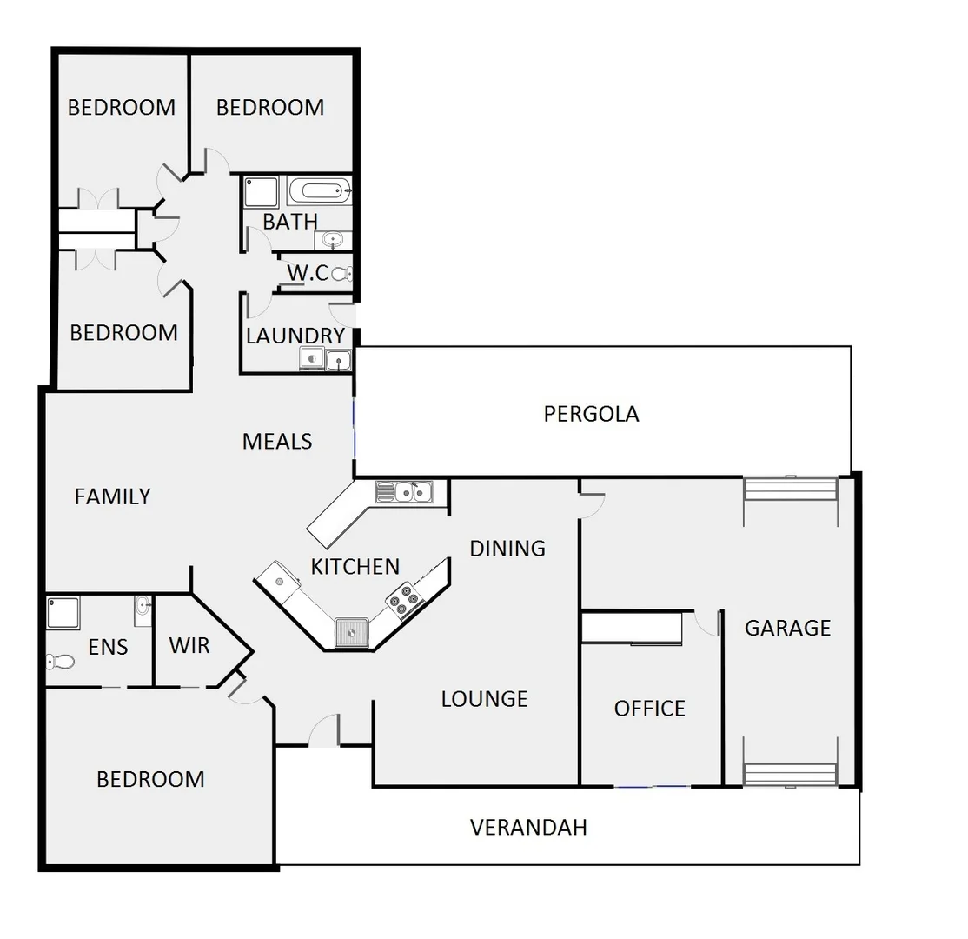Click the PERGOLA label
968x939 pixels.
[591, 414]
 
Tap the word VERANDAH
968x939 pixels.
[528, 827]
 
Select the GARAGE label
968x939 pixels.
[787, 628]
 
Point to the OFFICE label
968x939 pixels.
[649, 709]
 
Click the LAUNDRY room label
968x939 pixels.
[295, 336]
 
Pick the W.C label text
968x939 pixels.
[308, 273]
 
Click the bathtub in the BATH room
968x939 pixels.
[319, 189]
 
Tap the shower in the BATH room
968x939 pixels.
[261, 192]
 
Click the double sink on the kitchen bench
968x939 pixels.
[404, 492]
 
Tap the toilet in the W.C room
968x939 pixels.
[342, 274]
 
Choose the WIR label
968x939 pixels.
[189, 646]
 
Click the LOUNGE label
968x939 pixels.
[484, 699]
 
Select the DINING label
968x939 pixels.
[507, 549]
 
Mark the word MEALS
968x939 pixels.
[277, 442]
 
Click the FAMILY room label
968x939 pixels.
[113, 496]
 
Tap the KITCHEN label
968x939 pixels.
[355, 567]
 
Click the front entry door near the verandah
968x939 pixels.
[324, 730]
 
